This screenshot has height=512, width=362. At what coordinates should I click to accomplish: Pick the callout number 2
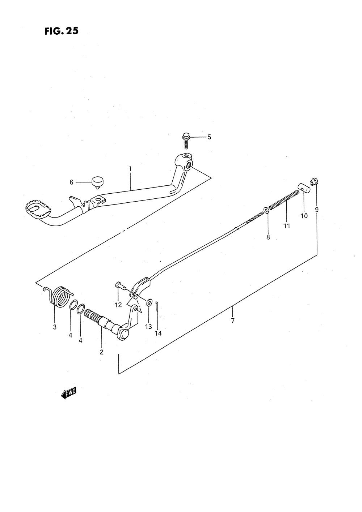pos(102,352)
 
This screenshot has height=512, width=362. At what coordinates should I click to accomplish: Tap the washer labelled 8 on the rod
pos(267,210)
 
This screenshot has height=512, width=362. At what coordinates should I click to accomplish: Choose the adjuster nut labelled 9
pos(315,180)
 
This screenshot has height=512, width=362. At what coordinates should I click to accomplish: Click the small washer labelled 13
pos(149,302)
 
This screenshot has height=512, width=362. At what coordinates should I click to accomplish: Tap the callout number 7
pos(232,320)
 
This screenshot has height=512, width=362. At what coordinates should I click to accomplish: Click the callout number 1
pos(130,168)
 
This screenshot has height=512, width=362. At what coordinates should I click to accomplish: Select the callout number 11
pos(287,226)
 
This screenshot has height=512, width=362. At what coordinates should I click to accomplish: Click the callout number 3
pos(55,327)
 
